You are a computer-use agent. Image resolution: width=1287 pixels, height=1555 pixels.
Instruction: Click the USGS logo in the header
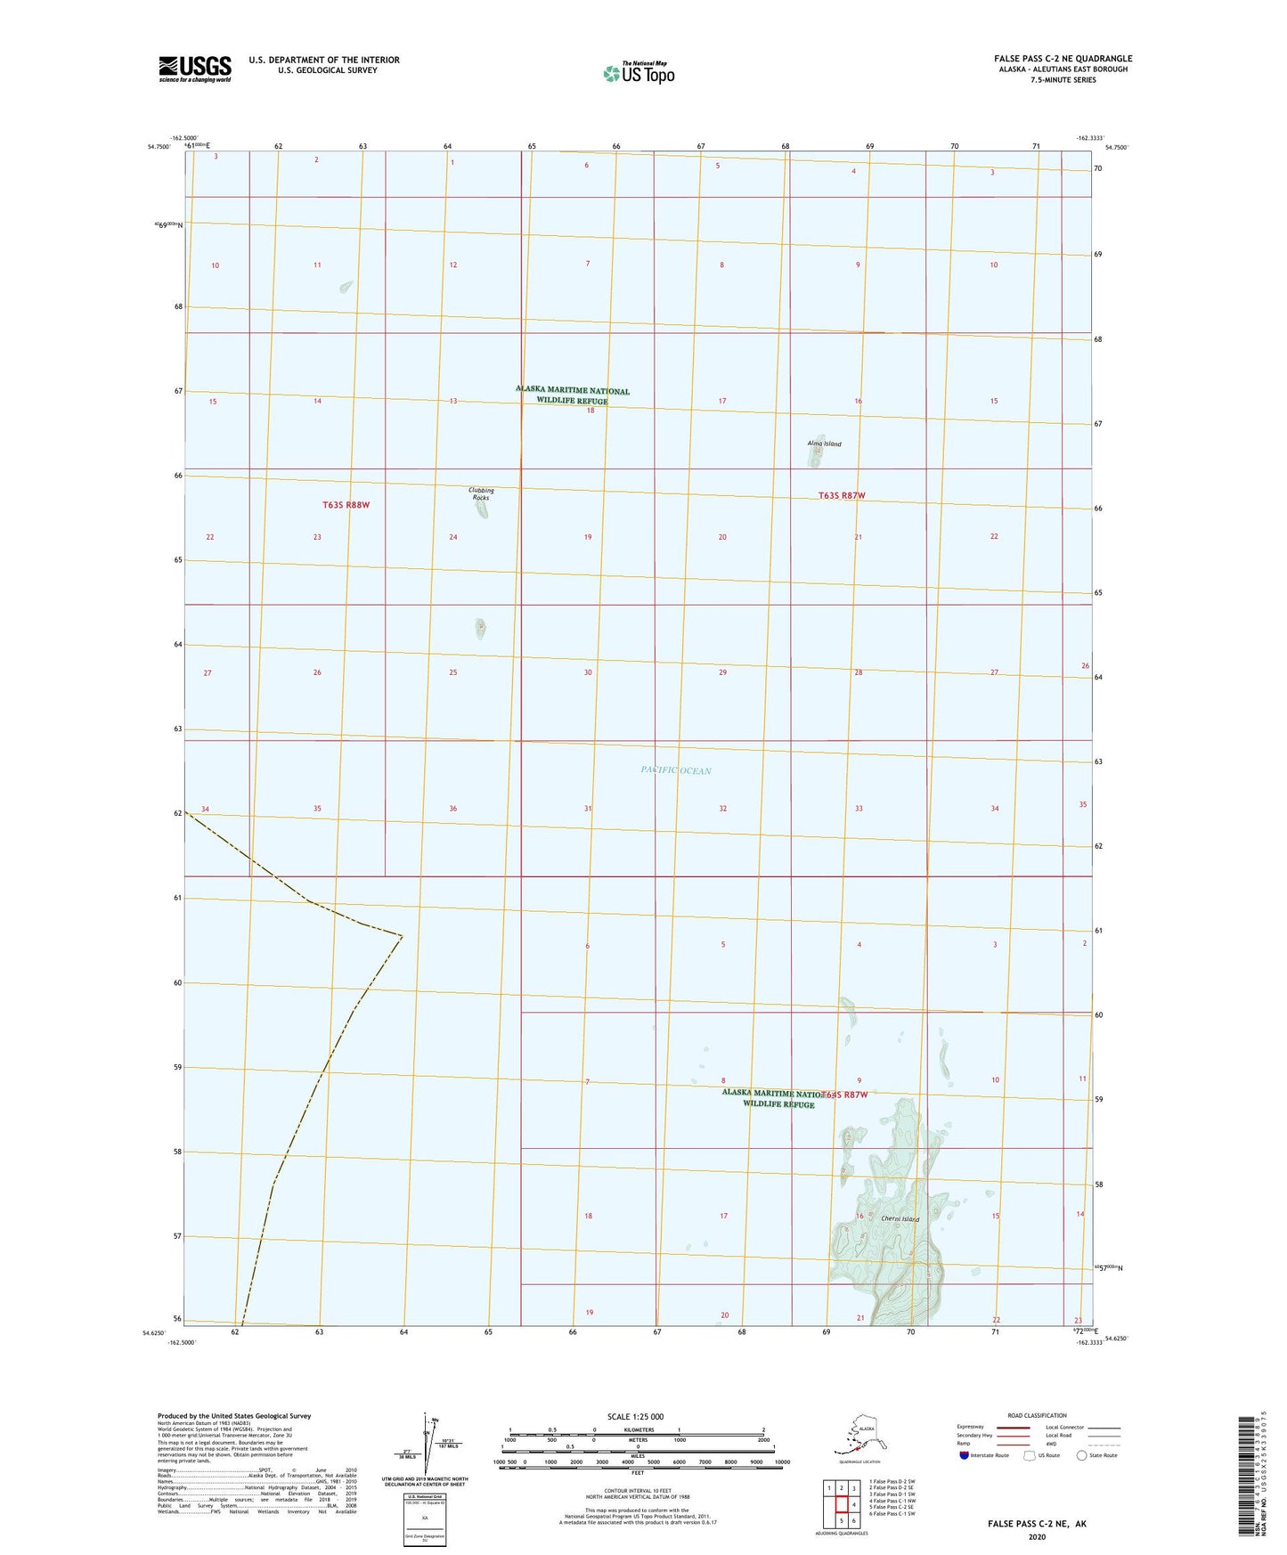coord(195,68)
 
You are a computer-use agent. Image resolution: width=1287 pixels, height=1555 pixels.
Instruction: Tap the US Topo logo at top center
coord(638,73)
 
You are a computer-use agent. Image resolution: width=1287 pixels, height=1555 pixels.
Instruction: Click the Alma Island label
coord(824,444)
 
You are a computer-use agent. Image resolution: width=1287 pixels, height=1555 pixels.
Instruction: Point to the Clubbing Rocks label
coord(481,493)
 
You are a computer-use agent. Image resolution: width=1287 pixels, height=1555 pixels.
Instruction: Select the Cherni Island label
coord(900,1219)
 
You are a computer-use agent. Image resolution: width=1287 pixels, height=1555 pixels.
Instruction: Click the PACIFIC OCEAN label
coord(676,770)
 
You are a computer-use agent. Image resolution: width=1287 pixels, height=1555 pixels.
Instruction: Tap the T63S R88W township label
coord(346,505)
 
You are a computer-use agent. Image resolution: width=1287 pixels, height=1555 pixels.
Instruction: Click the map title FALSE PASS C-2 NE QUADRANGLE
coord(1063,59)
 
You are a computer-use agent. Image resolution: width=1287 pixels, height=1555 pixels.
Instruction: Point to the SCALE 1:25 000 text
coord(636,1416)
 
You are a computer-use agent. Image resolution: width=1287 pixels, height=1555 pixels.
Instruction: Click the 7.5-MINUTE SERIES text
coord(1063,80)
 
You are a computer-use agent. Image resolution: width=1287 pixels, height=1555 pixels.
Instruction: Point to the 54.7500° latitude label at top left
coord(159,147)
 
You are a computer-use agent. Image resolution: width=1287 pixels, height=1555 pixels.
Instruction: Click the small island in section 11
coord(346,287)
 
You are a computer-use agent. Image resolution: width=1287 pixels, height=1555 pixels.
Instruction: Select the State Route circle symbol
coord(1082,1455)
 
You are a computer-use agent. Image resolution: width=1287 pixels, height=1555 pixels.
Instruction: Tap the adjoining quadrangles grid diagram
coord(841,1504)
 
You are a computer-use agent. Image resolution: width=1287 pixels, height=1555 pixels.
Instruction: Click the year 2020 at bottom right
coord(1037,1536)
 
